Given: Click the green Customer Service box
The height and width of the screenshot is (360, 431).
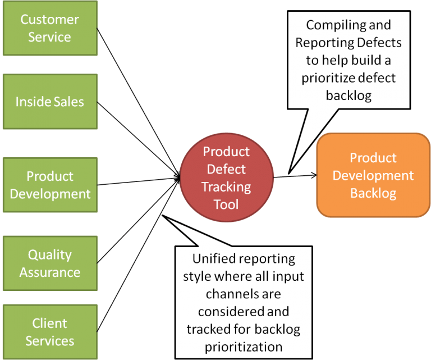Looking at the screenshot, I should (49, 28).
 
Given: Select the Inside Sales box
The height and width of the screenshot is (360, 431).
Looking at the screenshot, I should (49, 102).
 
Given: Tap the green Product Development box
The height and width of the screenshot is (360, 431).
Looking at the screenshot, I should (49, 185).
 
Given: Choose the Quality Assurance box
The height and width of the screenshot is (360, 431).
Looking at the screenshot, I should (49, 263).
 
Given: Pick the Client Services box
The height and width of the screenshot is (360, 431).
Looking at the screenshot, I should (49, 332).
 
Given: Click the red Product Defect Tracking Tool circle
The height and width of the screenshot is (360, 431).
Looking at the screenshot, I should (226, 177).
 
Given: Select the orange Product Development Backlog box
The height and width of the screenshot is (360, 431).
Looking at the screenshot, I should (373, 175).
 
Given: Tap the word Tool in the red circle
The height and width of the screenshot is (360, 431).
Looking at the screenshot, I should (226, 204).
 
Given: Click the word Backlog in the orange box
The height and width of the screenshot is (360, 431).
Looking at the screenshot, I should (373, 194).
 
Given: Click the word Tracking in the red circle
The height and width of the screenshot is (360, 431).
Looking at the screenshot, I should (226, 186).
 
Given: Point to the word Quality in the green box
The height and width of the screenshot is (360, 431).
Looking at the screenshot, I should (49, 254).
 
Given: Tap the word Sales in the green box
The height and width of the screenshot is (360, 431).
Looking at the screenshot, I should (68, 102).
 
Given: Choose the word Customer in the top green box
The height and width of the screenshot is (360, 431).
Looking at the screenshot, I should (49, 19).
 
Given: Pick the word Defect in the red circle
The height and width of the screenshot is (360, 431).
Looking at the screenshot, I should (226, 168).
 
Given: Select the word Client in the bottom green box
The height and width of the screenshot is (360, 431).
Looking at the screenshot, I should (49, 323).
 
